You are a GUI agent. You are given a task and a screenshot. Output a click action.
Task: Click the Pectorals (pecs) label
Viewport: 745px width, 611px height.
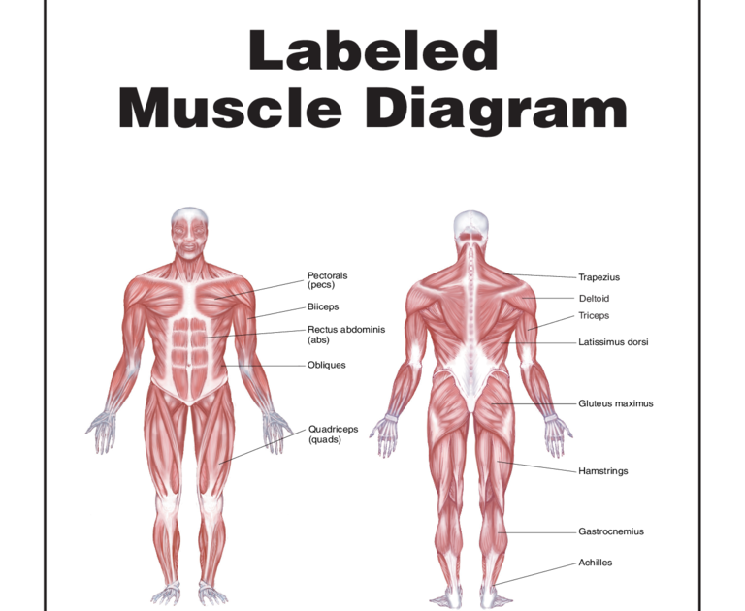328,280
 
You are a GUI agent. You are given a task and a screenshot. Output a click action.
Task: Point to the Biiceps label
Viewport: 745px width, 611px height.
323,306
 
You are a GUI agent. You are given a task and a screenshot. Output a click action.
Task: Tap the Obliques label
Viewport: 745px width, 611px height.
326,365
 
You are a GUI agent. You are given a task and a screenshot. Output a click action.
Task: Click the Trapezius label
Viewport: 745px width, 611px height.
599,277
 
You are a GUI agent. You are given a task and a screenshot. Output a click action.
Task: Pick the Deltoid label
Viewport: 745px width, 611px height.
594,299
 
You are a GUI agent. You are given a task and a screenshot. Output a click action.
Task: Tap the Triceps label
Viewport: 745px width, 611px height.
594,315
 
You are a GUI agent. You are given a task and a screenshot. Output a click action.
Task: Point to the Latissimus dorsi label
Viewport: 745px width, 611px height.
613,341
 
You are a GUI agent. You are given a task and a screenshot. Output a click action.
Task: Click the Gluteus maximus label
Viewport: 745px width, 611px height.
615,403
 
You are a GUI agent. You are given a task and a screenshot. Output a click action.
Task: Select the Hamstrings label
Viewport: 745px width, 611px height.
602,471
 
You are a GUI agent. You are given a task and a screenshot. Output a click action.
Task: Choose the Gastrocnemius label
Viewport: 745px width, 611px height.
611,531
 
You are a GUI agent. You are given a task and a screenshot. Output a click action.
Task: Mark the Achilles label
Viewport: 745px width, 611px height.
595,563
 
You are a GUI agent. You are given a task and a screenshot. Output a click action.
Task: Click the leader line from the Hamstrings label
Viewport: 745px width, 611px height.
538,466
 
